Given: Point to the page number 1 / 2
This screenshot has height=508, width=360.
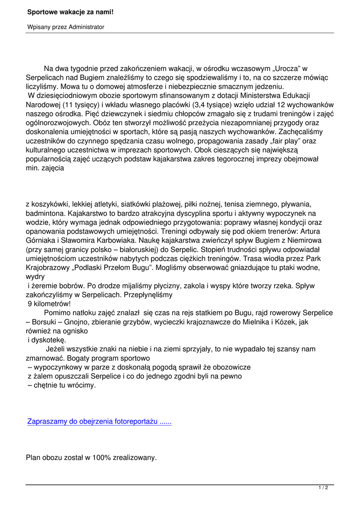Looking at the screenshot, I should [323, 488].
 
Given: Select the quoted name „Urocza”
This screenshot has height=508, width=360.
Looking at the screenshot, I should [288, 68].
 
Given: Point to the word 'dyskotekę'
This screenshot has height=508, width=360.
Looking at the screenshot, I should [48, 340].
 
